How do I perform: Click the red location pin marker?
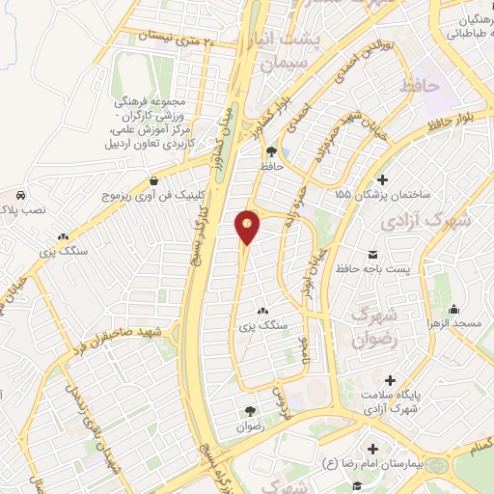pyautogui.click(x=248, y=227)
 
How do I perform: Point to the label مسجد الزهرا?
pyautogui.click(x=455, y=324)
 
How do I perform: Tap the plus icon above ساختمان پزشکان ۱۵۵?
pyautogui.click(x=382, y=179)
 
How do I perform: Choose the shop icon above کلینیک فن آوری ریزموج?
pyautogui.click(x=154, y=179)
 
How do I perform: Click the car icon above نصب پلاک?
pyautogui.click(x=19, y=193)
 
